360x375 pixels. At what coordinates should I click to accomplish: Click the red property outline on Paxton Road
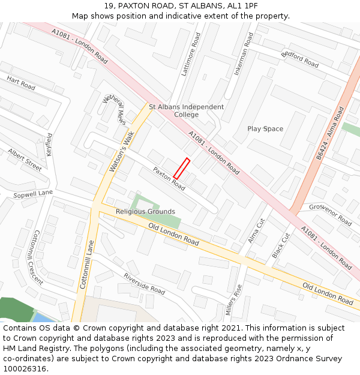[x=181, y=168]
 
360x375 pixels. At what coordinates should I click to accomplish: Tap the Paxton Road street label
[x=169, y=178]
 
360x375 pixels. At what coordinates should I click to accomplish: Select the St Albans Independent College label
[x=186, y=110]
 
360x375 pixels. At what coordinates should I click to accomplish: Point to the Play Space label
[x=265, y=129]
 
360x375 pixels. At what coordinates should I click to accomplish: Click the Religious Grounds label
[x=145, y=212]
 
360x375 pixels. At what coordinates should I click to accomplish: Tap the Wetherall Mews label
[x=114, y=109]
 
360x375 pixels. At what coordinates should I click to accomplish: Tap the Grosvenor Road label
[x=331, y=214]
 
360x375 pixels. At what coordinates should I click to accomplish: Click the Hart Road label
[x=21, y=83]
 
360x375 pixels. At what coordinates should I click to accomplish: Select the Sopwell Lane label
[x=33, y=194]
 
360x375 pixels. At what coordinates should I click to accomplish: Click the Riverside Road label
[x=144, y=283]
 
